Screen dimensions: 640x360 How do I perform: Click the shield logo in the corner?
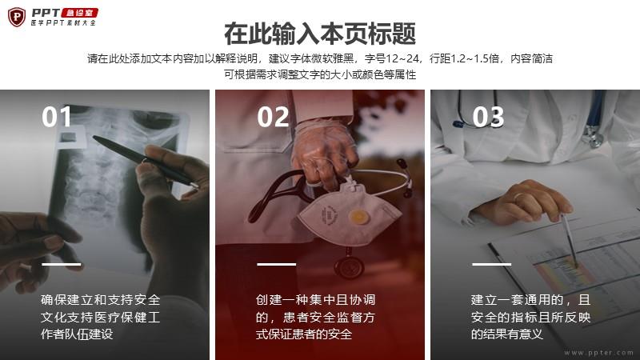17,17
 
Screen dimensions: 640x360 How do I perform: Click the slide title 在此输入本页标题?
320,34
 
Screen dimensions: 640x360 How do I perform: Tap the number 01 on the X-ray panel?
56,117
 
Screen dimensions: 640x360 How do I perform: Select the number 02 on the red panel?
273,117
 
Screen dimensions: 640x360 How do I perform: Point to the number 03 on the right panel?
488,117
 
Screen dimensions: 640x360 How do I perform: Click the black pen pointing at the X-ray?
145,162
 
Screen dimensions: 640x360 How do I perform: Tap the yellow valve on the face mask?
358,217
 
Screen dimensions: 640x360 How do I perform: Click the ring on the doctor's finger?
519,197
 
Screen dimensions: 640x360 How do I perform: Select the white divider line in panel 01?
62,264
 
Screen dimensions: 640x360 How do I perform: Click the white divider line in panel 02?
276,264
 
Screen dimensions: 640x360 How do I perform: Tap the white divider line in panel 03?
491,264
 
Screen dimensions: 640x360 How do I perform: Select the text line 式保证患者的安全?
304,334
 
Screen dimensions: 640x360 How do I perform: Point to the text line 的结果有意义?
507,334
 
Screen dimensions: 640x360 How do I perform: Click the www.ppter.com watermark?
598,353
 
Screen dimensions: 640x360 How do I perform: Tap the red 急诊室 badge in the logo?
79,13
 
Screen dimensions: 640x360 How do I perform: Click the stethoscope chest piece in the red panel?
349,267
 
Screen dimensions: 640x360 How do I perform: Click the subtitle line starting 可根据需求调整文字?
320,74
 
